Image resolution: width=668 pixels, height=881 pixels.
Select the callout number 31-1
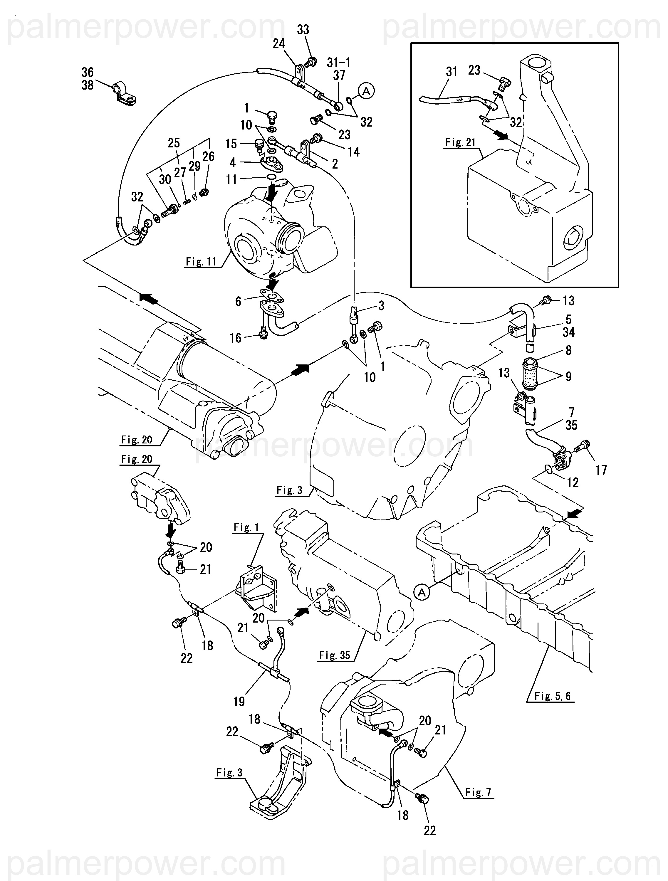[x=339, y=62]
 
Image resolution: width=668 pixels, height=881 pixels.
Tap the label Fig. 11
[x=201, y=262]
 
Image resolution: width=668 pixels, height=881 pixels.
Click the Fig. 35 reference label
[x=335, y=655]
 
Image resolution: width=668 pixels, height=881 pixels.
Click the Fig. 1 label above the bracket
[x=246, y=527]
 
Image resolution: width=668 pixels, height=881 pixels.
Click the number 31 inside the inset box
[x=451, y=72]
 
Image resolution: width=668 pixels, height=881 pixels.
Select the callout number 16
[x=235, y=338]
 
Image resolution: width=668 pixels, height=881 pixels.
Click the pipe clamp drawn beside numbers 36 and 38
[x=123, y=94]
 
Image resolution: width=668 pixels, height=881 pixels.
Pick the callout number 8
[x=568, y=350]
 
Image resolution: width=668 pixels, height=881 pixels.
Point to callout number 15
[x=231, y=144]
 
